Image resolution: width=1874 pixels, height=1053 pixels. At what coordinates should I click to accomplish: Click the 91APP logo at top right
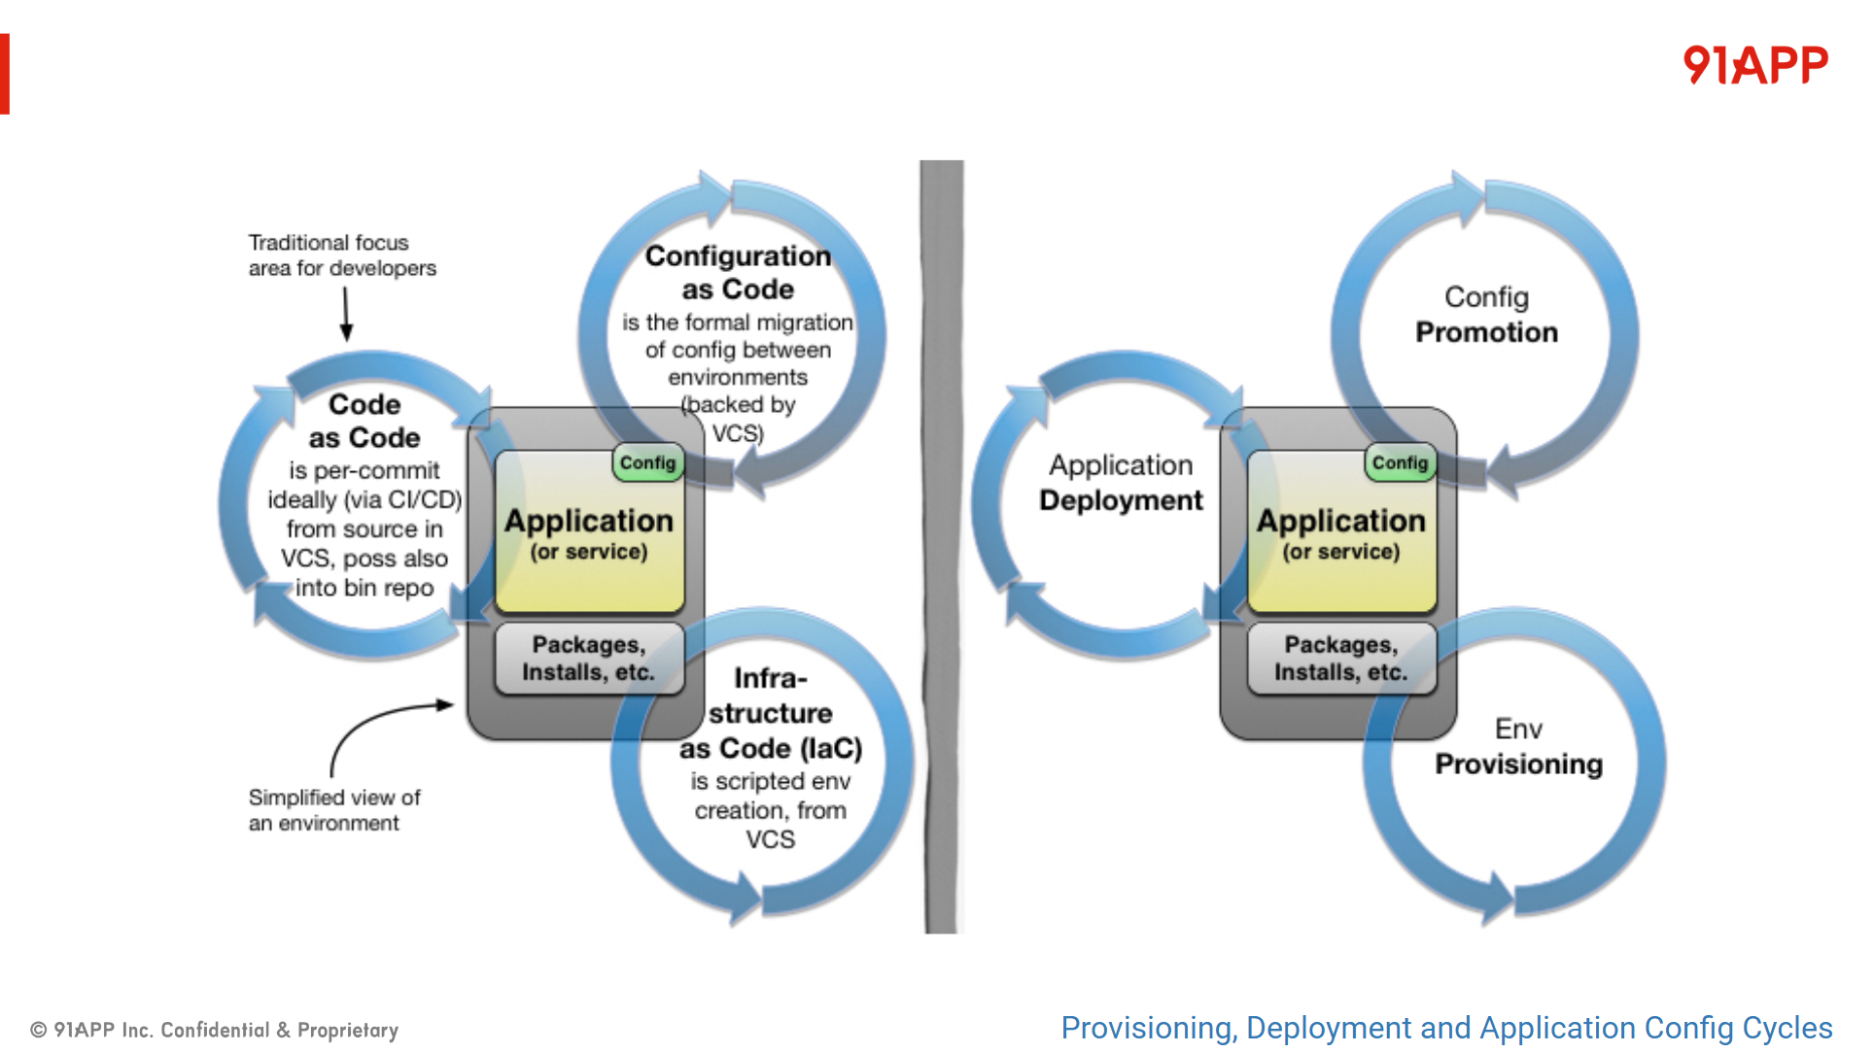pos(1754,65)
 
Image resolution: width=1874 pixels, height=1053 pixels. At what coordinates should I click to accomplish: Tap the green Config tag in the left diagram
pos(647,463)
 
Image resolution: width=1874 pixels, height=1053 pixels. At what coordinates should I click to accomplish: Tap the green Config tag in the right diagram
pos(1400,463)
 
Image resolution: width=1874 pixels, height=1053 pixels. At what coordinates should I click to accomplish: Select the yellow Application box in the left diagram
pos(589,534)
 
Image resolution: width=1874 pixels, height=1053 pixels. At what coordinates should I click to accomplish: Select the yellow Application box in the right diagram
pos(1341,534)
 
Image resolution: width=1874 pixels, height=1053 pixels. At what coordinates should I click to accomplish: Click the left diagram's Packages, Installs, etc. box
pos(589,659)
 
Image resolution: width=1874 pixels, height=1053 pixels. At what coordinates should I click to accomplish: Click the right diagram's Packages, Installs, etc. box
pos(1341,659)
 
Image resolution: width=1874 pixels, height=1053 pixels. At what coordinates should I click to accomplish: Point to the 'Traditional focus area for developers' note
pos(342,255)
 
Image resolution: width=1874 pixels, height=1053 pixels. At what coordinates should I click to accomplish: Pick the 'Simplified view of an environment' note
pos(333,810)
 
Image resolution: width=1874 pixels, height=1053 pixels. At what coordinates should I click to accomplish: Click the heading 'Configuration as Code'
pos(738,273)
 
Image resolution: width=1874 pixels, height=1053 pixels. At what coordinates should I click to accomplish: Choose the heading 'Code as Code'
pos(364,421)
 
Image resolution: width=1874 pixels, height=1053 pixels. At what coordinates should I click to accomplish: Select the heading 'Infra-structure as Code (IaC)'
pos(770,713)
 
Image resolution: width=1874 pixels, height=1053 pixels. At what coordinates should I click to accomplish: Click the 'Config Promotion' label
pos(1486,315)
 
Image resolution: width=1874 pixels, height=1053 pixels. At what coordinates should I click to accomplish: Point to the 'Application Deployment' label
pos(1121,483)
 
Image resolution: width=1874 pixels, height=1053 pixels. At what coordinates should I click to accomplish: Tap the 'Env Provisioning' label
pos(1518,747)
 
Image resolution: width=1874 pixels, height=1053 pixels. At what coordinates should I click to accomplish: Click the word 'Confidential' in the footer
pos(215,1030)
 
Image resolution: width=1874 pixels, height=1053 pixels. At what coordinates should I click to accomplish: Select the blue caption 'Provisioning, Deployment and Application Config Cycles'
pos(1446,1028)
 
